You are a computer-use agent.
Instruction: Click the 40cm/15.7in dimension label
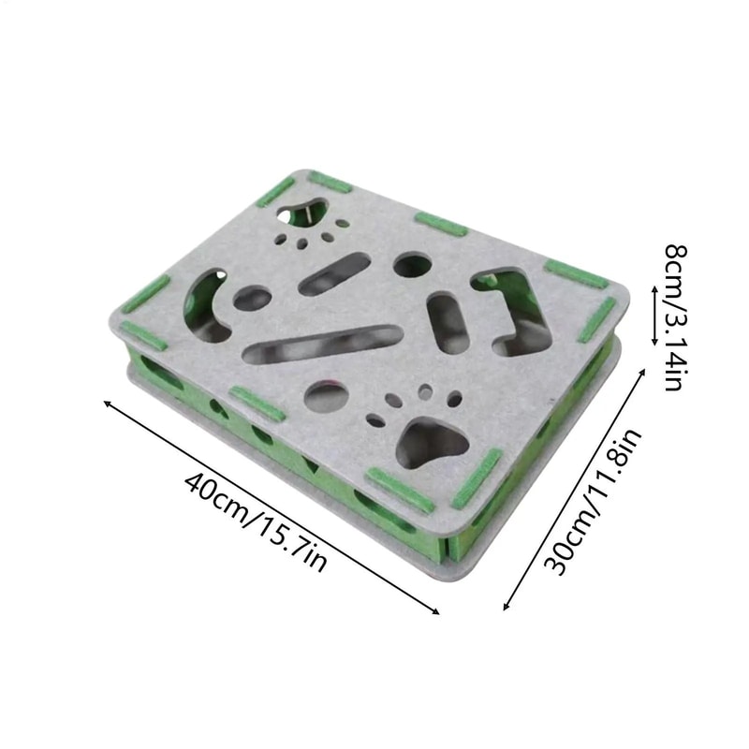point(256,521)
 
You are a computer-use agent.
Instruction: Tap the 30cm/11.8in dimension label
point(593,502)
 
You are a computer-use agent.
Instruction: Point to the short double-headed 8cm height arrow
point(654,316)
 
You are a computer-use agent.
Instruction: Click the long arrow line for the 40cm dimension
point(271,507)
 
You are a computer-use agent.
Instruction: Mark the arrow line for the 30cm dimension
point(574,489)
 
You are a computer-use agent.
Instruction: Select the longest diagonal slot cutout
point(320,344)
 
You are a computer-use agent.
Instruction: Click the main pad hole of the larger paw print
point(433,443)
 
